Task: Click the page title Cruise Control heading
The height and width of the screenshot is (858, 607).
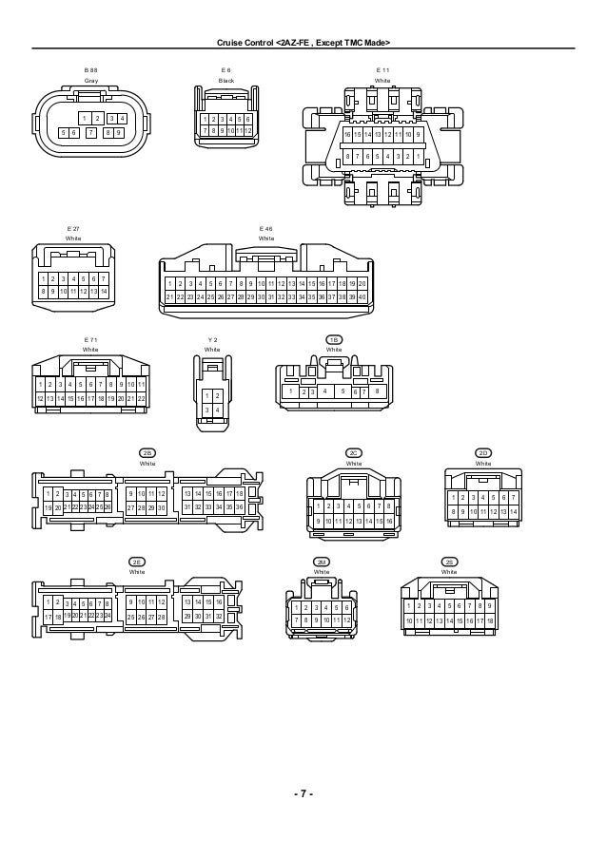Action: coord(303,43)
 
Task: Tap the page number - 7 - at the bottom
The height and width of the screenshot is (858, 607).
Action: coord(303,794)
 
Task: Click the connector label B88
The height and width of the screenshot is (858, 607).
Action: coord(90,71)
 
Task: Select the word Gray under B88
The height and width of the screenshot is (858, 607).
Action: coord(90,82)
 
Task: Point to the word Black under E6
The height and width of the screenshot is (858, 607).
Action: coord(225,82)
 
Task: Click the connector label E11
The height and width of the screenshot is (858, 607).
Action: coord(382,71)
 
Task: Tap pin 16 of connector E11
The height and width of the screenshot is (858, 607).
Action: coord(348,135)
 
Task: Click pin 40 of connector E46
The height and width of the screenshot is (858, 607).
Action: coord(362,297)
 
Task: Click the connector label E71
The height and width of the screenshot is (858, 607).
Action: coord(90,339)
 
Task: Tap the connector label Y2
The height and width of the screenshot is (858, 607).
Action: coord(212,339)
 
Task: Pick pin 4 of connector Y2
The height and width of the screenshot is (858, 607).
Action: coord(218,410)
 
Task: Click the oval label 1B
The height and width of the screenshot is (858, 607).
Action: coord(334,339)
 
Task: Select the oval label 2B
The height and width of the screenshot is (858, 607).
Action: coord(147,453)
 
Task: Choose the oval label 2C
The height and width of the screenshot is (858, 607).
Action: coord(353,453)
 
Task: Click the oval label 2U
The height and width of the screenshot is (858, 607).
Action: coord(321,562)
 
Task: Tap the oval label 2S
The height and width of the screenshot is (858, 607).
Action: coord(449,562)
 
